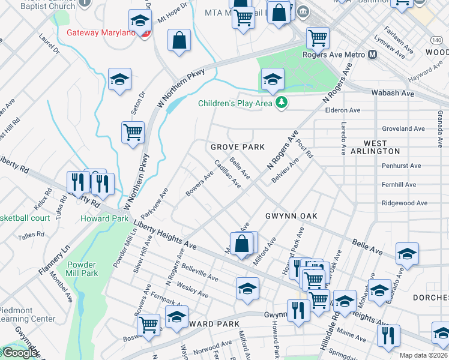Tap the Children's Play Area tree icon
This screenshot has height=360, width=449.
pos(281,103)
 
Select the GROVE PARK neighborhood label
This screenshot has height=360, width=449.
pos(238,147)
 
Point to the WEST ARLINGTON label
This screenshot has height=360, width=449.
pos(382,147)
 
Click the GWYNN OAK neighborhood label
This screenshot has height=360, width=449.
pos(291,215)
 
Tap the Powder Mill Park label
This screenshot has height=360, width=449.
pos(82,269)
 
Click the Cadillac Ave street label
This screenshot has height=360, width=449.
pos(228,174)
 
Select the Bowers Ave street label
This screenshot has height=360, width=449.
pos(199,185)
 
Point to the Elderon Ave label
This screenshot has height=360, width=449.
pos(342,110)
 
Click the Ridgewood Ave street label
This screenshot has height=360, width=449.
pos(405,203)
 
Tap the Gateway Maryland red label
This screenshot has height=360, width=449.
pos(101,32)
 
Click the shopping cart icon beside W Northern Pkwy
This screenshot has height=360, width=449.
pos(133,132)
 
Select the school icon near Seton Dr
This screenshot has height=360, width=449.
pos(120,79)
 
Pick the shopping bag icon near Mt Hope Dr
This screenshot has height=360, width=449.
pos(179,40)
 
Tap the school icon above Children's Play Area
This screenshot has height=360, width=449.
pos(273,79)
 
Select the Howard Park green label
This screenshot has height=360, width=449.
pos(104,218)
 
